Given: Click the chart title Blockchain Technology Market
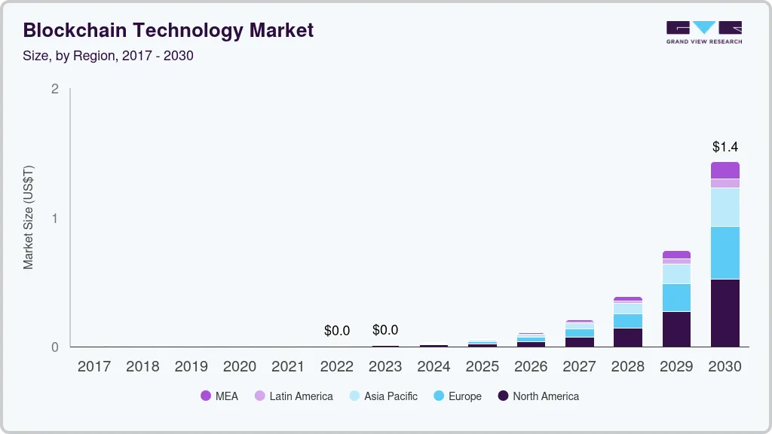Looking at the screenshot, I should point(168,30).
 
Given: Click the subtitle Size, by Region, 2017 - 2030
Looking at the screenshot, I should point(109,56).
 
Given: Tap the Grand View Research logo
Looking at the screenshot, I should point(703,32).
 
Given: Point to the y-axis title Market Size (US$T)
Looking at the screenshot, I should point(29,217).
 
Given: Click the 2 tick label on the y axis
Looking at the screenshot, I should point(54,89).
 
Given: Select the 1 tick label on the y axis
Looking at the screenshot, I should point(54,219).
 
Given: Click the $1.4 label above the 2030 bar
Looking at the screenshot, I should point(725,147).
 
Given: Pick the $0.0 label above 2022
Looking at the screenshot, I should point(337,331).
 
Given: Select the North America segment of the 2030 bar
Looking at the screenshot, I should point(725,313).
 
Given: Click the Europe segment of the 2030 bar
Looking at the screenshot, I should point(725,252).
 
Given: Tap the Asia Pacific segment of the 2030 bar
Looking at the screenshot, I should point(725,207).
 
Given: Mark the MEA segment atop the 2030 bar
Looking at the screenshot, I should point(725,170).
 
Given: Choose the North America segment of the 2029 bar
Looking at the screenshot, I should point(676,329).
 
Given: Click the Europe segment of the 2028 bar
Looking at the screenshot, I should point(628,321).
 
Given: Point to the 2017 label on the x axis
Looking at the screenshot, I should point(94,367).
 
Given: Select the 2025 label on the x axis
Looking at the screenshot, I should point(482,367).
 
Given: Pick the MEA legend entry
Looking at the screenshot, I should point(219,396).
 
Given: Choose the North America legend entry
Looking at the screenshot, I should point(538,396).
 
